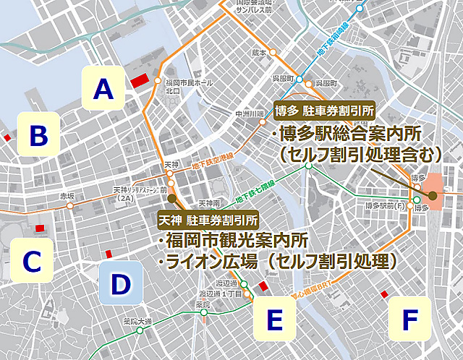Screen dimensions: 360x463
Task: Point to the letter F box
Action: click(410, 319)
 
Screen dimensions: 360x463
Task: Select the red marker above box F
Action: click(384, 293)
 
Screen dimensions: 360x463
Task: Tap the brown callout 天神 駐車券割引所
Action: click(208, 219)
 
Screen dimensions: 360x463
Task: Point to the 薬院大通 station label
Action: click(136, 321)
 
